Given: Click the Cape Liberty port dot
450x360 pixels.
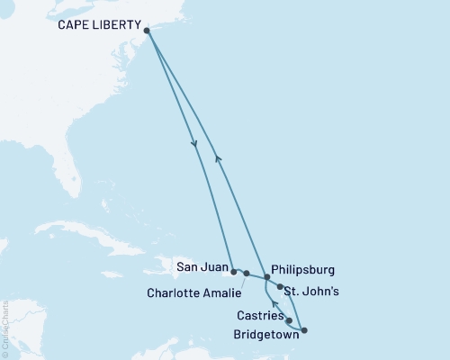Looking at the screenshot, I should [x=147, y=30].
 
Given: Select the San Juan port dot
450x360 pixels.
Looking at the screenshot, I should [x=234, y=271].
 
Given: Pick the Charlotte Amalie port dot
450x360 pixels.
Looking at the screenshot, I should [x=247, y=272].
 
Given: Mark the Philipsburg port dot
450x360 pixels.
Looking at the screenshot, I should [x=266, y=278].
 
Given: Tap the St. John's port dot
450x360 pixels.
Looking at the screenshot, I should [x=281, y=288].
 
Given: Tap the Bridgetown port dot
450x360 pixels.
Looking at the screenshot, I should [x=303, y=330].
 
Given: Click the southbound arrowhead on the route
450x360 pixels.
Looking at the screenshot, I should [x=194, y=147].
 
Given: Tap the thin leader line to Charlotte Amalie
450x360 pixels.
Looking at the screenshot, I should [x=240, y=282].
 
